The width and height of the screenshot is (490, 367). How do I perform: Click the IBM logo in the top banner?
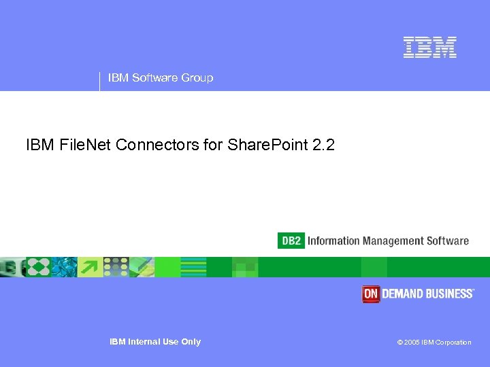tap(429, 47)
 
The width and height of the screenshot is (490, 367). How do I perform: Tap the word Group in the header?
tap(197, 77)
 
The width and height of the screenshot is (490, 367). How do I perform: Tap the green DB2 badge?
tap(291, 241)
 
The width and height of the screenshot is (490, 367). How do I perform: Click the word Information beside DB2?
tap(333, 241)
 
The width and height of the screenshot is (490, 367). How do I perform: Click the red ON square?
tap(370, 294)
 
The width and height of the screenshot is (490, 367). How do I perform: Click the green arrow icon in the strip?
tap(89, 267)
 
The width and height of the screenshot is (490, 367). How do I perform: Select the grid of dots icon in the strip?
tap(116, 267)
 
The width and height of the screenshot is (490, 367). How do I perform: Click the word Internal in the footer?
tap(144, 342)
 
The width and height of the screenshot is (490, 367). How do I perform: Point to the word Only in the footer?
tap(191, 342)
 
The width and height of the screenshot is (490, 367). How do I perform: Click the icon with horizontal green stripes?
tap(194, 267)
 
